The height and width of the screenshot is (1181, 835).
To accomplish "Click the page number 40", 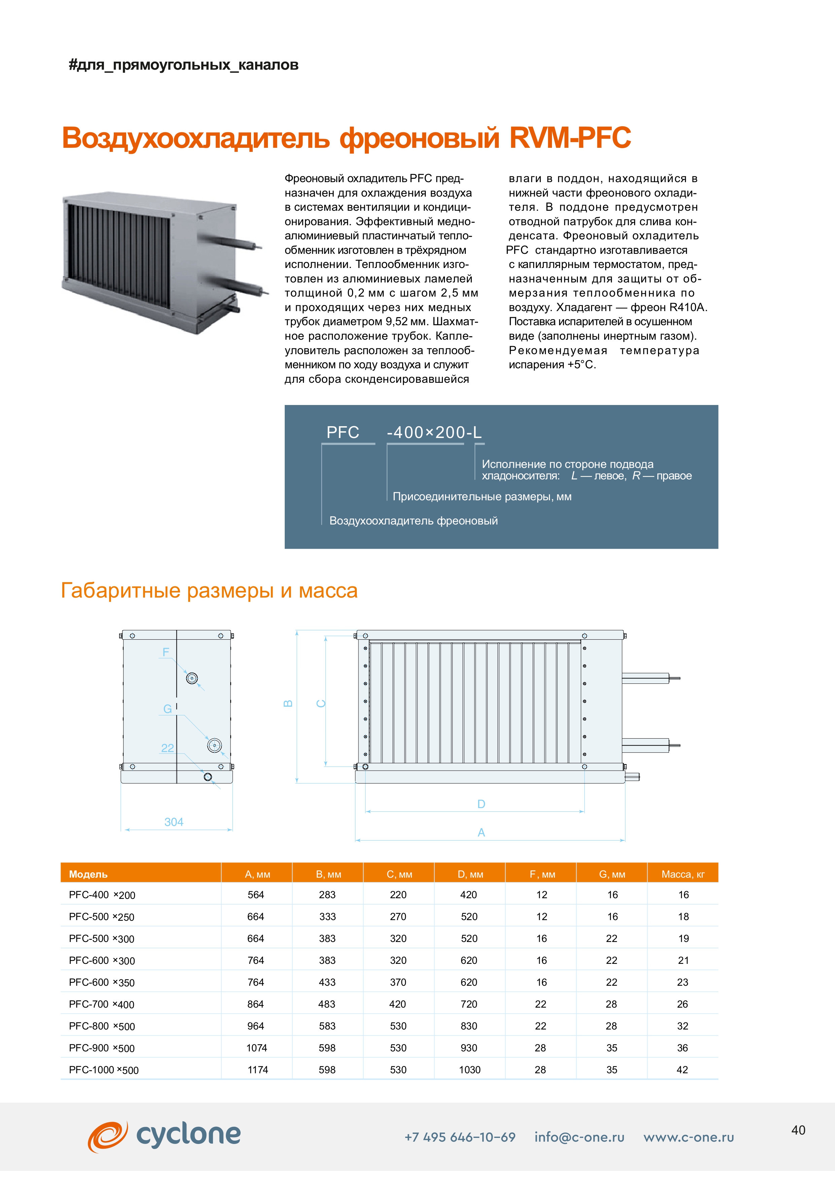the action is pyautogui.click(x=798, y=1130).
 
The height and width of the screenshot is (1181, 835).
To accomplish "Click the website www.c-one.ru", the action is pyautogui.click(x=689, y=1137).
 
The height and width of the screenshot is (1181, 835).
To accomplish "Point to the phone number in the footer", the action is pyautogui.click(x=460, y=1137).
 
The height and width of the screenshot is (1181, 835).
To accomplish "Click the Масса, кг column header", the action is pyautogui.click(x=683, y=874).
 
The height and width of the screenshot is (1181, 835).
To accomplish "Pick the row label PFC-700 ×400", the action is pyautogui.click(x=101, y=1004).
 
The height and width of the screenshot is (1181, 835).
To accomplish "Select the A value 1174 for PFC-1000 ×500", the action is pyautogui.click(x=257, y=1070).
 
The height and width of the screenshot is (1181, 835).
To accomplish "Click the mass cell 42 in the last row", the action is pyautogui.click(x=682, y=1070).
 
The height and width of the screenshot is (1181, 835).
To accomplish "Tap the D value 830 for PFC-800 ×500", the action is pyautogui.click(x=469, y=1026).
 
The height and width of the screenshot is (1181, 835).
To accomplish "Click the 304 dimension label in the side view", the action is pyautogui.click(x=174, y=822).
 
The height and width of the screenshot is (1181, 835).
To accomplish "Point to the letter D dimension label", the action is pyautogui.click(x=481, y=804).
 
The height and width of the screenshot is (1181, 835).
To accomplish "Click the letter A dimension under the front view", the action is pyautogui.click(x=481, y=832).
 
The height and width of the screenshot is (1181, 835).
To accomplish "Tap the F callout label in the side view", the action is pyautogui.click(x=166, y=652).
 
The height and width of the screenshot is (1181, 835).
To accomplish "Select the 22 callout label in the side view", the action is pyautogui.click(x=168, y=748).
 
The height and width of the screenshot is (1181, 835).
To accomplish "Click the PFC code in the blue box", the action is pyautogui.click(x=343, y=432).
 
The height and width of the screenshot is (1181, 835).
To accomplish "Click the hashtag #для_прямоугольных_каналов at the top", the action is pyautogui.click(x=183, y=65).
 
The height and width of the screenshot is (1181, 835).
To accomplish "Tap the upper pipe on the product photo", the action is pyautogui.click(x=231, y=241).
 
